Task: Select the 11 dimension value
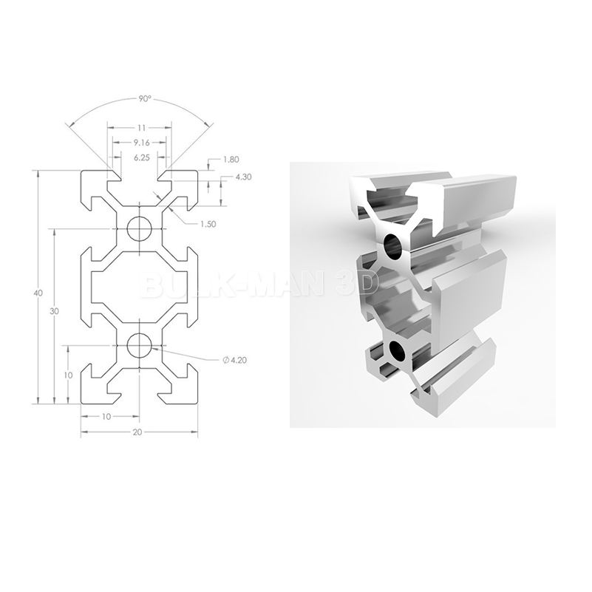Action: [x=139, y=127]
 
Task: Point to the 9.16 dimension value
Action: [x=139, y=142]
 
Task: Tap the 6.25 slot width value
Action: [x=139, y=157]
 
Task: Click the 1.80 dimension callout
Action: [x=230, y=160]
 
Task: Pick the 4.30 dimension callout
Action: [x=243, y=177]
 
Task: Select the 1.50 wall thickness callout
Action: [x=207, y=225]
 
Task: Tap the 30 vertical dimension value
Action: [x=54, y=311]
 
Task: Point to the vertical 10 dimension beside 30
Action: [x=68, y=375]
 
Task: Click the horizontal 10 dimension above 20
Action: [x=106, y=417]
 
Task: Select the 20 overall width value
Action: [x=137, y=432]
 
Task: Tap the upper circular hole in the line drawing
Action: [x=139, y=229]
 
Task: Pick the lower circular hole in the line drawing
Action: [x=139, y=345]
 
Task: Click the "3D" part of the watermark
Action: [x=357, y=284]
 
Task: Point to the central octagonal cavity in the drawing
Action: [x=139, y=287]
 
